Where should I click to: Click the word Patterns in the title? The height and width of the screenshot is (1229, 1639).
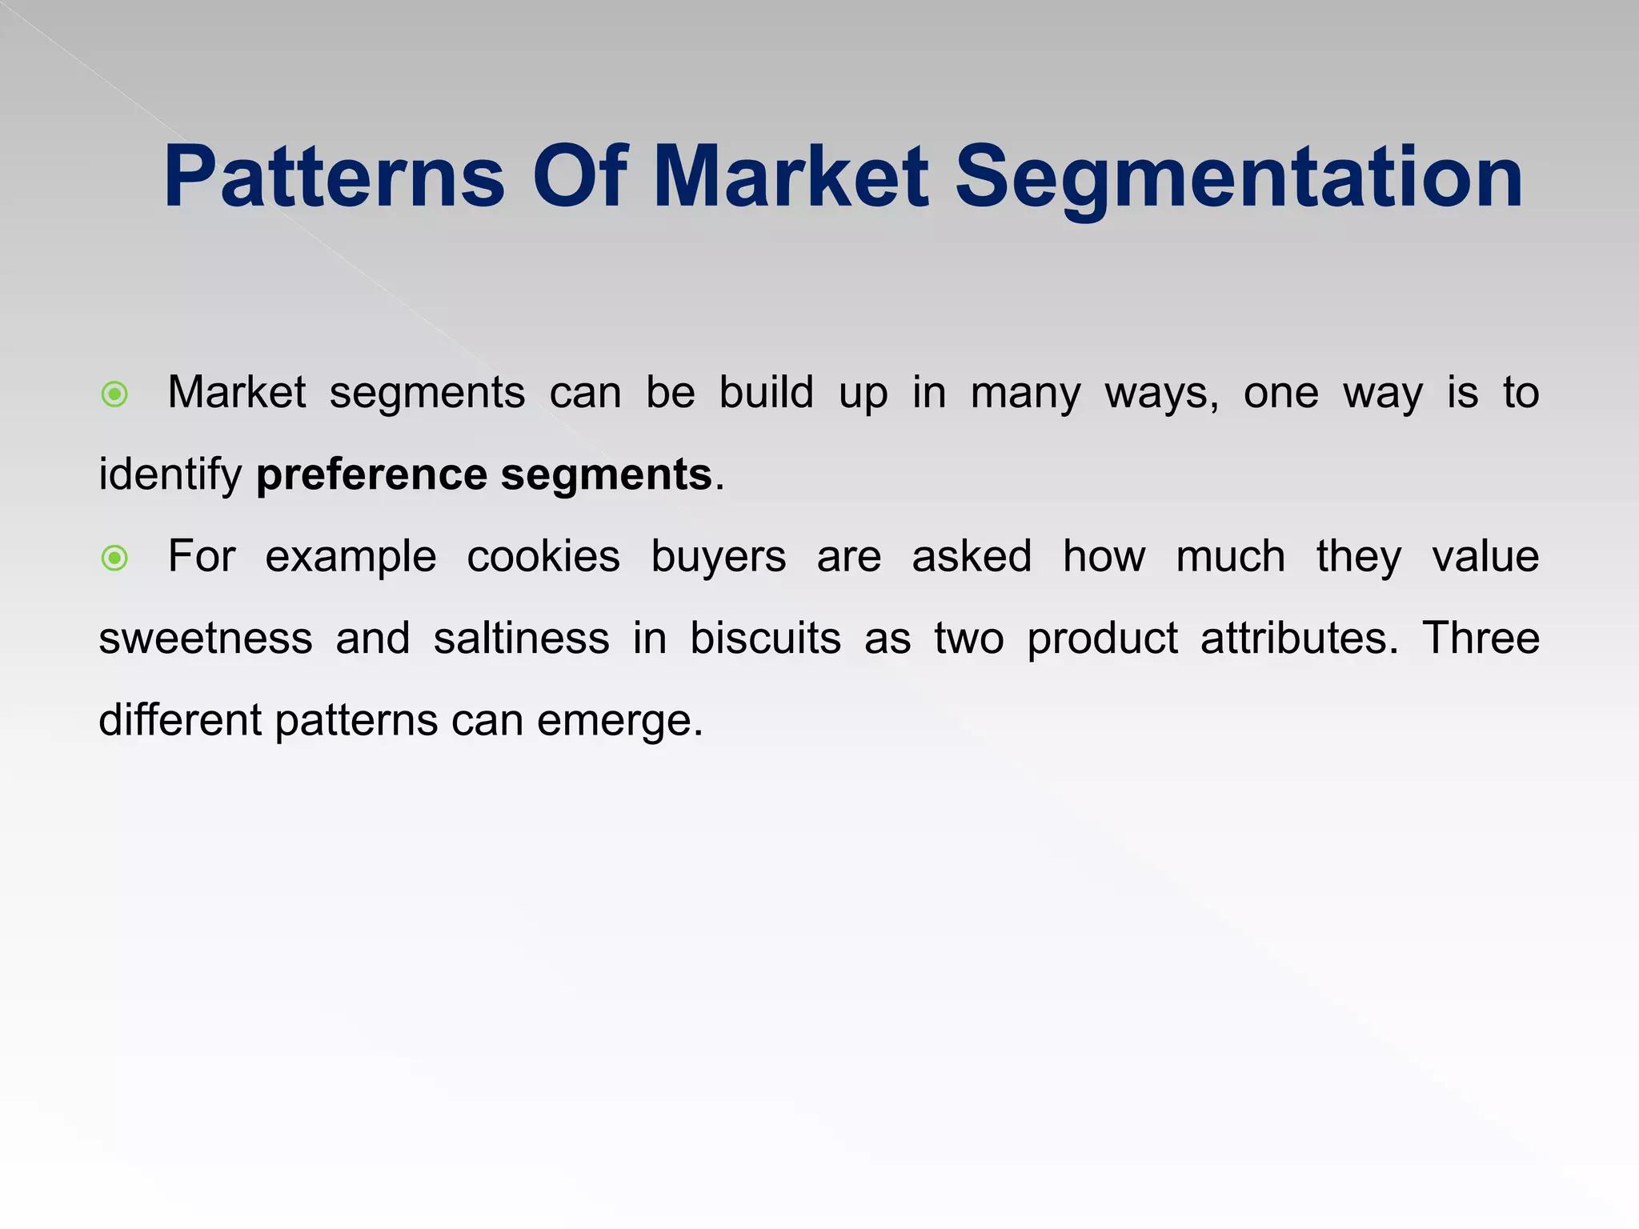[x=334, y=178]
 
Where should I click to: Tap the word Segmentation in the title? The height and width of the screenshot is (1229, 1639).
[x=1239, y=178]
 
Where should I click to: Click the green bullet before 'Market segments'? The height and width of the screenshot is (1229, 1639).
[x=115, y=394]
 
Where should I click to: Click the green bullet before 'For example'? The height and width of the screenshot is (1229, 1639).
[x=115, y=558]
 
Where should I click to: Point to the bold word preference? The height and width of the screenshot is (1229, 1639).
[x=371, y=475]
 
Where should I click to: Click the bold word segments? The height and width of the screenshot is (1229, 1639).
[x=606, y=475]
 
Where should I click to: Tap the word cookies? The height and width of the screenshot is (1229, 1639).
[x=543, y=557]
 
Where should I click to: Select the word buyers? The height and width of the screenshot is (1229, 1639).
[x=718, y=558]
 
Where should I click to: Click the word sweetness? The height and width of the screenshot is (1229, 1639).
[x=206, y=639]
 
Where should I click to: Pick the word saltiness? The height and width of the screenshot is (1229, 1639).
[x=521, y=639]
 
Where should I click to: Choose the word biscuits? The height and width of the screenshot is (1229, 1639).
[x=765, y=639]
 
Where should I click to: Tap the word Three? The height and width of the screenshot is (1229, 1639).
[x=1481, y=639]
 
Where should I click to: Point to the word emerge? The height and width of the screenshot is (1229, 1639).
[x=619, y=722]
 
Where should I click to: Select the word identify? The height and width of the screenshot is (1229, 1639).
[x=170, y=475]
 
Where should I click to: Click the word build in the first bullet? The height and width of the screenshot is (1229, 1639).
[x=766, y=394]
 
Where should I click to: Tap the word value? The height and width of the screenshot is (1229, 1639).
[x=1485, y=557]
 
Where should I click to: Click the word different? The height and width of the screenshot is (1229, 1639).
[x=179, y=721]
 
